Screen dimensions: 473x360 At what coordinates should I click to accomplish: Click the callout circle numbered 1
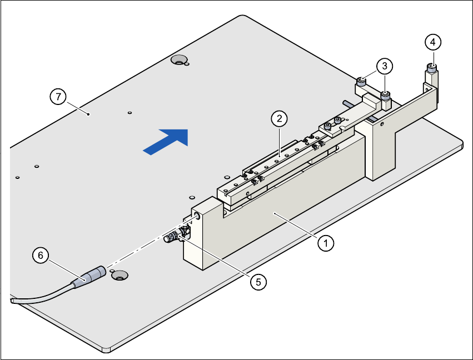(x=327, y=243)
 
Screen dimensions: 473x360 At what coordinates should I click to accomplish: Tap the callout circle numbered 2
(x=279, y=118)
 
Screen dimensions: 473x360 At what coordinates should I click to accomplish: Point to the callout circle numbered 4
(x=433, y=42)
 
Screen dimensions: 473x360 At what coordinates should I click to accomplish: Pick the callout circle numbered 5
(x=257, y=282)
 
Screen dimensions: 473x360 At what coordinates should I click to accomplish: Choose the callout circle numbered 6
(x=39, y=255)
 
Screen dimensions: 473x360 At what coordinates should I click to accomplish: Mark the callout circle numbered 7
(x=57, y=97)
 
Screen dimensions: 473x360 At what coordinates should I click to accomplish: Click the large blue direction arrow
(x=166, y=140)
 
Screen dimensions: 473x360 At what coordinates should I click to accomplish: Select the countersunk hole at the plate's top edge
(x=179, y=59)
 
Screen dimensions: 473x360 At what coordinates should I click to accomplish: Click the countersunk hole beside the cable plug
(x=118, y=274)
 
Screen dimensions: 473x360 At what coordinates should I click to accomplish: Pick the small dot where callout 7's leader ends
(x=89, y=114)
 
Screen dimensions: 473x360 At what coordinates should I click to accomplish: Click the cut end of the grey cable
(x=12, y=300)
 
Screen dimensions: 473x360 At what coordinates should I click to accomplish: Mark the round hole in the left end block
(x=196, y=213)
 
